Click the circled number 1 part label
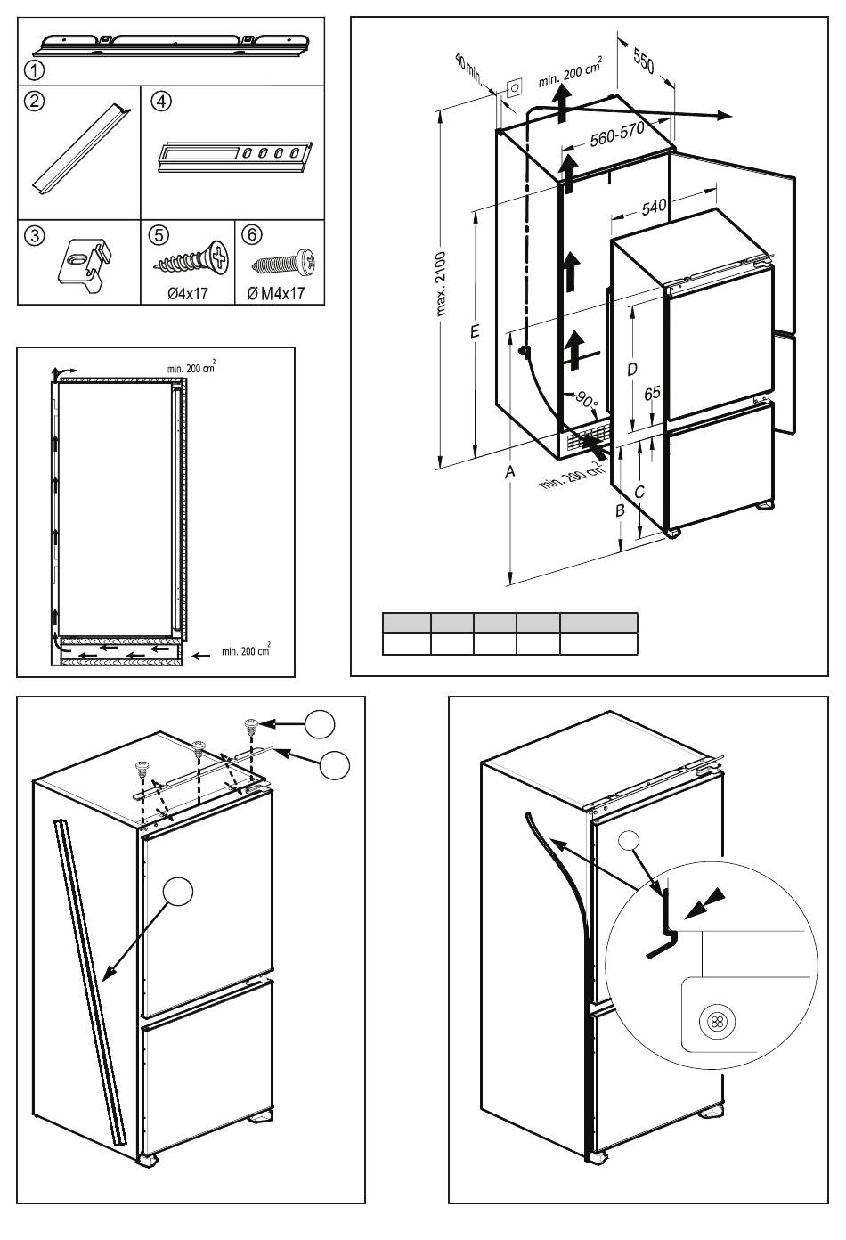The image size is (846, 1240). [35, 71]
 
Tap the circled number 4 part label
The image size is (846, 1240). [161, 101]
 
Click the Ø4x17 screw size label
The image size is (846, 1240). [188, 293]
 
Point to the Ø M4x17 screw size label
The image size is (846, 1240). [276, 293]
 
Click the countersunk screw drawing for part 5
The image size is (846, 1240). [191, 259]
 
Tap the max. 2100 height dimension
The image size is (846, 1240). [441, 284]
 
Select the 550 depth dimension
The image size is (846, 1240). [644, 61]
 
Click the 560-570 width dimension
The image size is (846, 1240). [616, 134]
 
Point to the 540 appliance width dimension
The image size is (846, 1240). [654, 207]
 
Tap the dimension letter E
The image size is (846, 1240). [474, 331]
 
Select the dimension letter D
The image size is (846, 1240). [632, 369]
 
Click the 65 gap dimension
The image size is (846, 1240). [652, 393]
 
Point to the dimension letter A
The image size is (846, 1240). [510, 471]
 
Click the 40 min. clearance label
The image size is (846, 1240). [469, 68]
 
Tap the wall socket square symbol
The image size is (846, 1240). [515, 87]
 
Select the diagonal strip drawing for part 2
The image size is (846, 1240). [81, 148]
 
